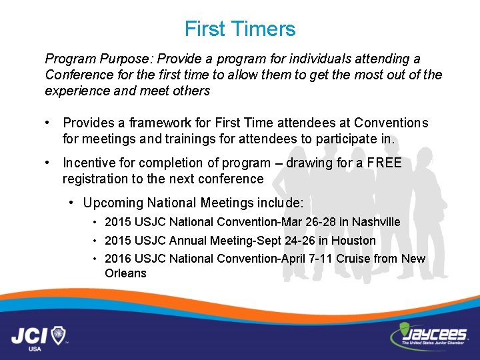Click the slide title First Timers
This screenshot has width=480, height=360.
click(x=240, y=29)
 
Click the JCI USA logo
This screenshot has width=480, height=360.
click(x=39, y=334)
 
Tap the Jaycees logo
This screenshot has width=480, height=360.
click(x=427, y=333)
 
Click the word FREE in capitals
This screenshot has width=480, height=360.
click(x=385, y=163)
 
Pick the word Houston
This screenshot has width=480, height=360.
click(x=354, y=241)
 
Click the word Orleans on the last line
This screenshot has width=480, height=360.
click(x=125, y=273)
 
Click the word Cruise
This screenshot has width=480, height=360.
click(x=353, y=259)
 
